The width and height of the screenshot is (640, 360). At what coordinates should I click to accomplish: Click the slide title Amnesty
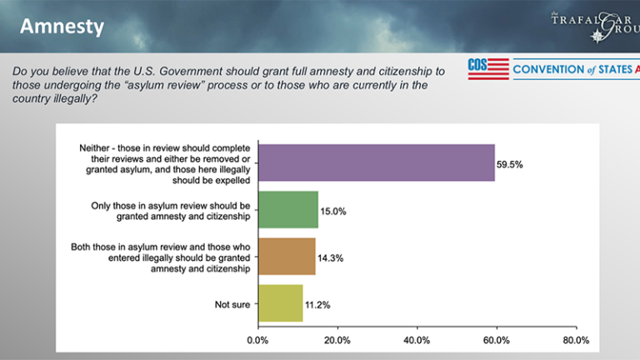pos(62,27)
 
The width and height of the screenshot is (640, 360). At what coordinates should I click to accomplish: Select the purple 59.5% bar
pos(377,162)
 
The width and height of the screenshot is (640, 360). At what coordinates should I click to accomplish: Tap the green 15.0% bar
pos(288,209)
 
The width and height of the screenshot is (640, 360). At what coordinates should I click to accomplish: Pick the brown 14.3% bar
pos(287,257)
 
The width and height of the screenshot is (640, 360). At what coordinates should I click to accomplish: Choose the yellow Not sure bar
pos(281,302)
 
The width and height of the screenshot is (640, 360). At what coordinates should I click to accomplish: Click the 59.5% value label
pos(509,164)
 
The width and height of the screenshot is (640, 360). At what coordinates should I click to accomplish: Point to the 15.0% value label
pos(333,212)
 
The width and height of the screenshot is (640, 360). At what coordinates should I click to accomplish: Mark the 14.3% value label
pos(330,258)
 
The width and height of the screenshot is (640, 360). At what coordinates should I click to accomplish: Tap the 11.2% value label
pos(317,305)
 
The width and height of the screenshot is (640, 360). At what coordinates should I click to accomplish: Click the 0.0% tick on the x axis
pos(257,340)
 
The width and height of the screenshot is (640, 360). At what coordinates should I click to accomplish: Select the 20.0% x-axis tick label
pos(337,340)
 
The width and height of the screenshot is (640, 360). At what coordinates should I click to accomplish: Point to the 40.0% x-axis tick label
pos(417,340)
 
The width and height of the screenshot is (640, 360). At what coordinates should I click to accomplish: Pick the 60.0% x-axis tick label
pos(497,340)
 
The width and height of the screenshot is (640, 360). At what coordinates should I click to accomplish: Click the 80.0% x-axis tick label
pos(576,340)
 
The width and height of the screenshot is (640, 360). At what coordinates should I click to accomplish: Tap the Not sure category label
pos(232,304)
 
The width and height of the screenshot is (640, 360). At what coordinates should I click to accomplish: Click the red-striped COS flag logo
pos(488,68)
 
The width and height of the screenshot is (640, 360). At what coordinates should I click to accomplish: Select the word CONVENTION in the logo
pos(548,69)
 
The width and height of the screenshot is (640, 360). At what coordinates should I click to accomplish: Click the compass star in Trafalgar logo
pos(597,37)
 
